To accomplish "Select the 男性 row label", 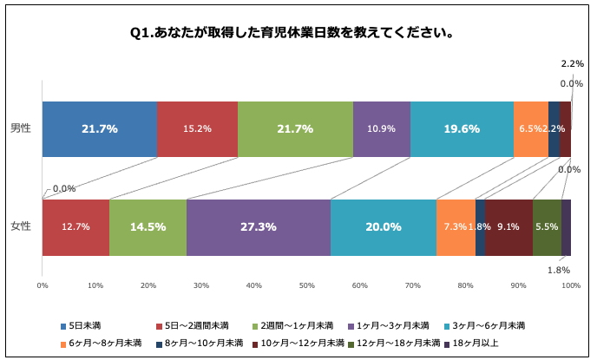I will pos(21,128).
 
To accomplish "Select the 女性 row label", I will pos(21,226).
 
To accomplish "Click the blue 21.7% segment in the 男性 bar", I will pos(100,128).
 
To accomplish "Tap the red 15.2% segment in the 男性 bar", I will pos(197,128).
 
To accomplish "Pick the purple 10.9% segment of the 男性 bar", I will pos(382,128).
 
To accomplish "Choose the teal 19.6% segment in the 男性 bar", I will pos(462,128).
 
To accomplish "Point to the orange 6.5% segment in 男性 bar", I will pos(530,128).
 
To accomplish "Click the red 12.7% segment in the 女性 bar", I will pos(75,226).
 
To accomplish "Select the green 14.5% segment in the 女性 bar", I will pos(148,226).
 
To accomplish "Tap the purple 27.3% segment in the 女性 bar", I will pos(258,226).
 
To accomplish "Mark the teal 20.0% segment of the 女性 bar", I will pos(383,226).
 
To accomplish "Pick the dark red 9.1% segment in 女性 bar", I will pos(508,226).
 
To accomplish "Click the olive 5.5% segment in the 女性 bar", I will pos(547,226).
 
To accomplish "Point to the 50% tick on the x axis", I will pos(306,285).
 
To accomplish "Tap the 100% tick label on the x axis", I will pos(570,285).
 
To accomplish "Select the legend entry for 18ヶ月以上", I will pos(471,343).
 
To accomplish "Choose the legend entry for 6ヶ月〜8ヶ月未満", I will pos(103,343).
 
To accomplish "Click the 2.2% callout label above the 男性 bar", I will pos(572,64).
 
